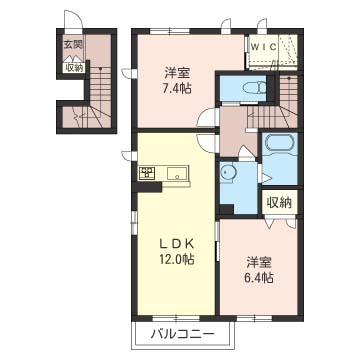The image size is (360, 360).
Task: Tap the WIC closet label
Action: [263, 47]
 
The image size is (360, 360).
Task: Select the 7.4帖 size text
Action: [178, 88]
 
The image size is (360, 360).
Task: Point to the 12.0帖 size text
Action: [176, 259]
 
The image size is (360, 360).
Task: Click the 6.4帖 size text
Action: [260, 277]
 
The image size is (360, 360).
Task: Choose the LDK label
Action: [176, 244]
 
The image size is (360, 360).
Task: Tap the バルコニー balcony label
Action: [182, 333]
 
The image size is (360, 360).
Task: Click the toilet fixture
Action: [254, 88]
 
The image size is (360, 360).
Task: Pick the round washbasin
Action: [228, 172]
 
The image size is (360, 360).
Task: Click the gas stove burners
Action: [147, 173]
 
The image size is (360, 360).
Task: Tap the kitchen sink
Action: [177, 173]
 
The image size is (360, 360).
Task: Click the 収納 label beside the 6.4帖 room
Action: [279, 203]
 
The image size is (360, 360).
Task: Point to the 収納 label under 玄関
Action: [74, 68]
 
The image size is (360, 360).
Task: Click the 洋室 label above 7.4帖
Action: [177, 73]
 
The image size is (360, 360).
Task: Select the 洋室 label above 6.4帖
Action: [260, 263]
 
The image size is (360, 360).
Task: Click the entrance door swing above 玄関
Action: [73, 20]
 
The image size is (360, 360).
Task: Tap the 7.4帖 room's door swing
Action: [207, 117]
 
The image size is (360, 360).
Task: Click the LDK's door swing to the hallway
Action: [207, 144]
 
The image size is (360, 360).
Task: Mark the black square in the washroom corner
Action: [226, 209]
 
